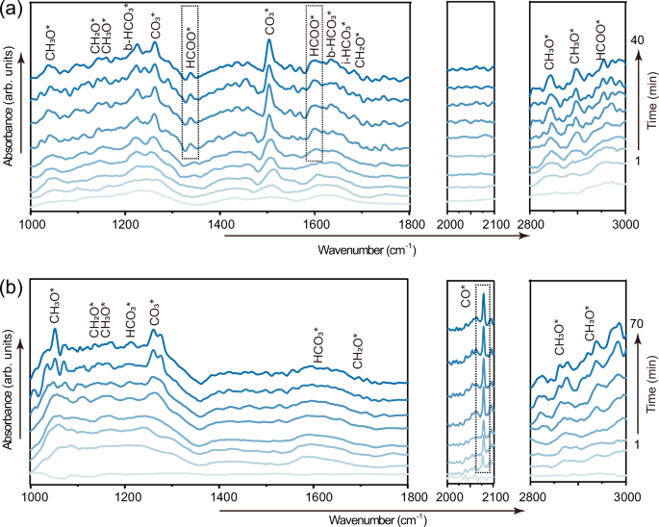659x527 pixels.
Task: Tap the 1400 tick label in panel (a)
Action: (x=220, y=225)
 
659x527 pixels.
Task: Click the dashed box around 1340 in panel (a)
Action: (x=190, y=82)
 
